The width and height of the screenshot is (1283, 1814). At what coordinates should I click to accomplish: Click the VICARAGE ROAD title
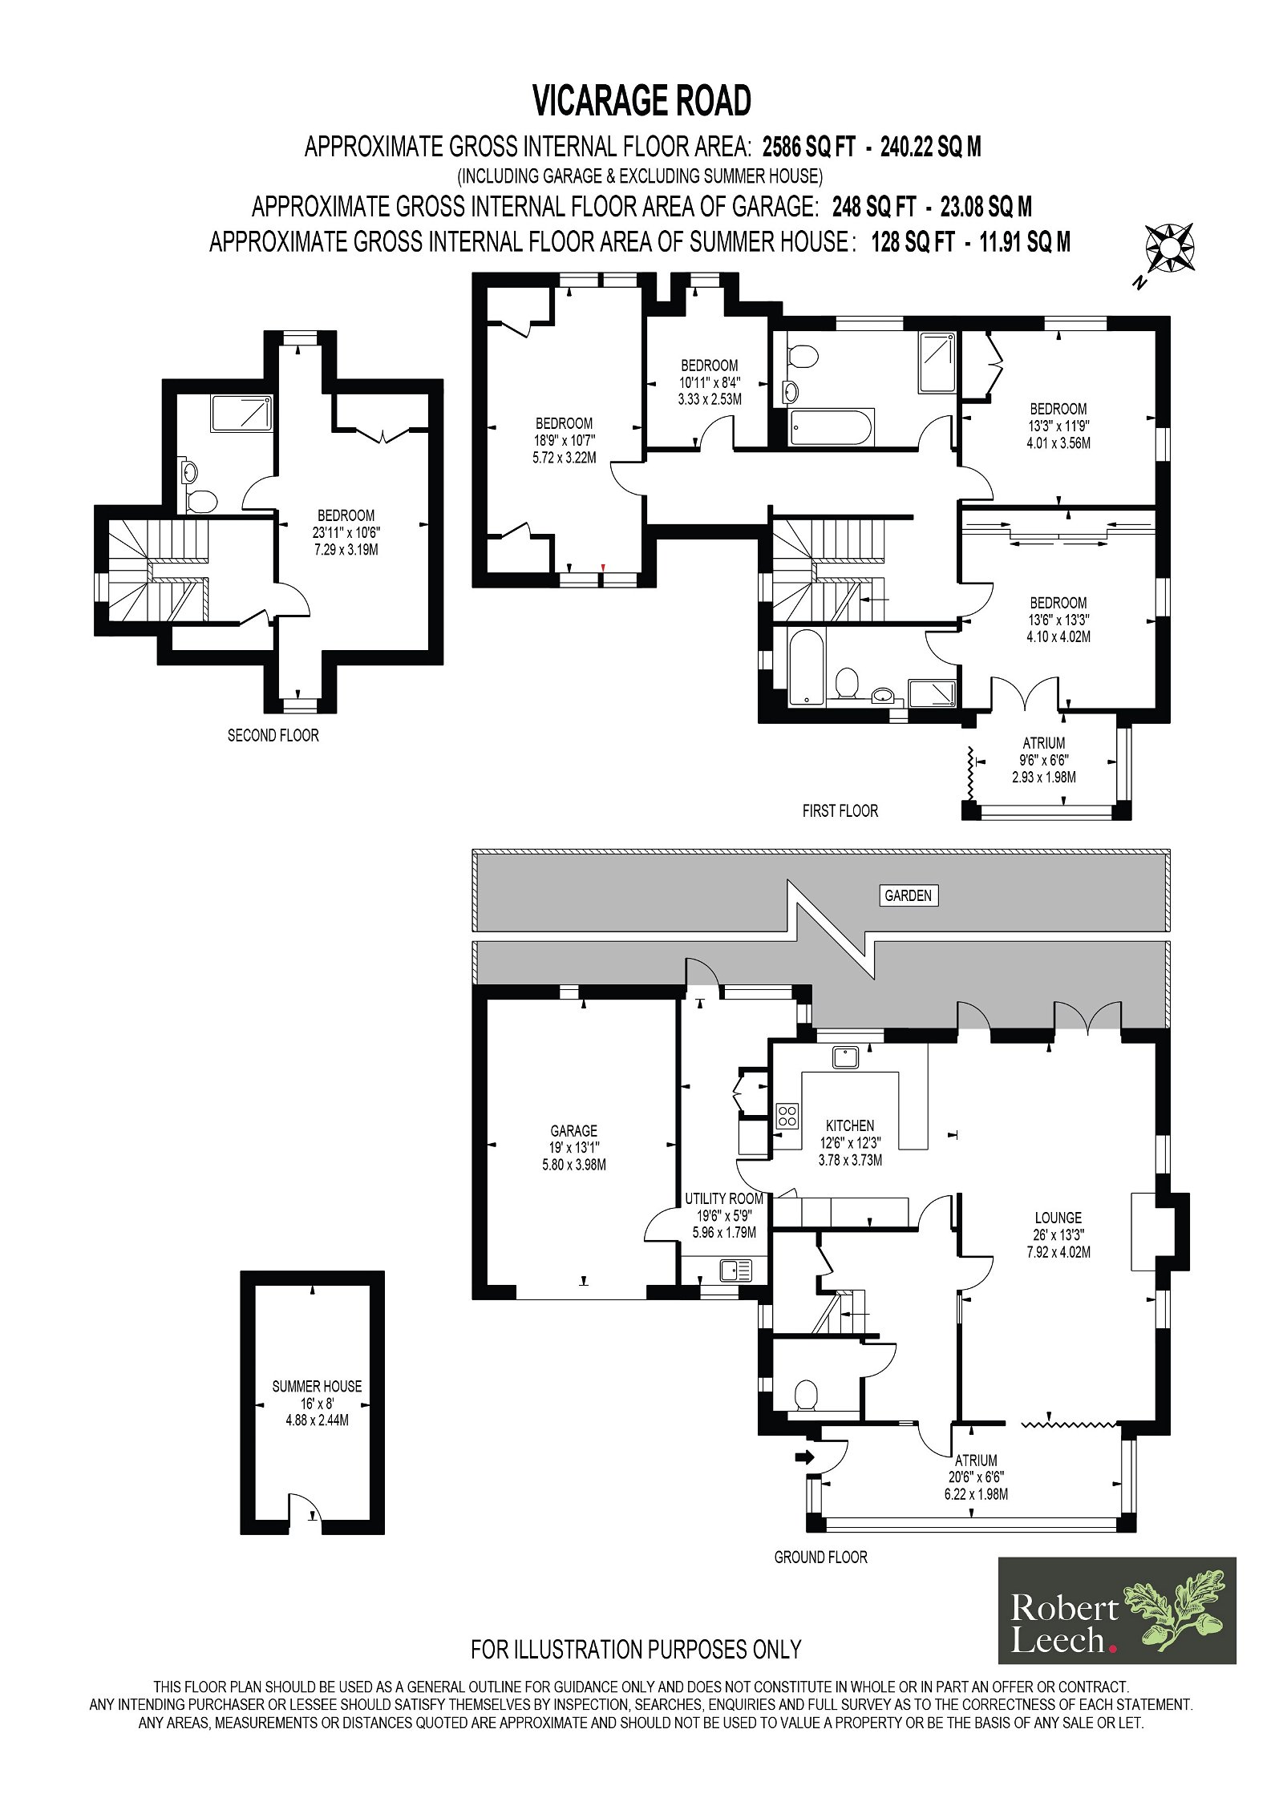(x=641, y=100)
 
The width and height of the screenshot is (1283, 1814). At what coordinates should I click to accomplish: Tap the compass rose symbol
(x=1168, y=249)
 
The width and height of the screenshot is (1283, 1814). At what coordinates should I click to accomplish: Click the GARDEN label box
(x=908, y=895)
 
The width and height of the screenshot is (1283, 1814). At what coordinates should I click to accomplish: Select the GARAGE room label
(x=573, y=1131)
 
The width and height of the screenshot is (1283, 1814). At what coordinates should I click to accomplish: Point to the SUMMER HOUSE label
(x=317, y=1386)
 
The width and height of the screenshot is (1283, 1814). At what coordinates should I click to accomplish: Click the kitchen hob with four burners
(x=787, y=1116)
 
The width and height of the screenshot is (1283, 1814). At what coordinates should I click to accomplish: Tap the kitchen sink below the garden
(x=845, y=1057)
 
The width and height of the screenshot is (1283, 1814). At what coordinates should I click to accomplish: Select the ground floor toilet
(x=805, y=1396)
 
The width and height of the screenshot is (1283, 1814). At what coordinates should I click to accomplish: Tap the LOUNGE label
(x=1058, y=1218)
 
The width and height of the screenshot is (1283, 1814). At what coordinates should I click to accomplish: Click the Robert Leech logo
(x=1117, y=1610)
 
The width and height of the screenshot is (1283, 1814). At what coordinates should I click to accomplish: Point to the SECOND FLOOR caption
(x=273, y=735)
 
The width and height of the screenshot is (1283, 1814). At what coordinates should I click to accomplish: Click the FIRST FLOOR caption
(x=840, y=810)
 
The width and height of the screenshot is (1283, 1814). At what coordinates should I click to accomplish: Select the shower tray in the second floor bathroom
(x=241, y=413)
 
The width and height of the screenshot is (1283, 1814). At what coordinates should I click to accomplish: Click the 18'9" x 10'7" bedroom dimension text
(x=565, y=440)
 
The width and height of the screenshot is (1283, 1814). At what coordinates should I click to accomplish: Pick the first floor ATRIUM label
(x=1043, y=743)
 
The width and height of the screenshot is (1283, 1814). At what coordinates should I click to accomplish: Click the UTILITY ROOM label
(x=724, y=1199)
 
